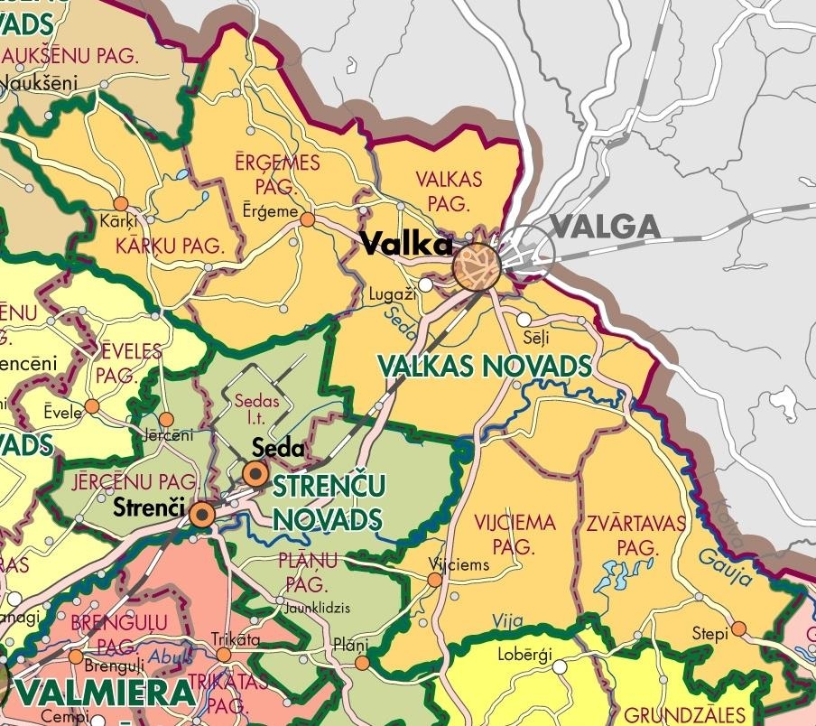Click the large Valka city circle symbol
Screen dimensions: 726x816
coord(477,266)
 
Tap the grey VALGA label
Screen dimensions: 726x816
coord(605,227)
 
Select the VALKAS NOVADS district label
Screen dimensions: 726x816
coord(486,366)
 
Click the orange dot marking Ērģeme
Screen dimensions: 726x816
coord(308,219)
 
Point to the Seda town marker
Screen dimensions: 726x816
coord(256,473)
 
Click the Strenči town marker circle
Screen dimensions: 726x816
coord(202,515)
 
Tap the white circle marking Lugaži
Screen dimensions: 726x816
coord(425,284)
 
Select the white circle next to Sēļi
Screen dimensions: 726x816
coord(524,320)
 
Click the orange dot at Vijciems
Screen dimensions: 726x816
coord(435,580)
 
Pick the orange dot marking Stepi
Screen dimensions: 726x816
coord(739,628)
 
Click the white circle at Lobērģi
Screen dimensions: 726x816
coord(560,667)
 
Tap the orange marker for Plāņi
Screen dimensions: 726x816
coord(362,664)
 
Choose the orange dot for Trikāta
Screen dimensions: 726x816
coord(224,655)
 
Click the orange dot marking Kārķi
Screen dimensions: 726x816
coord(120,204)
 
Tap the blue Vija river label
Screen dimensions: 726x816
coord(507,620)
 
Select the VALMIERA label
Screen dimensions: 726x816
coord(107,693)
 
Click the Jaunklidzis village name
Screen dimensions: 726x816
coord(317,607)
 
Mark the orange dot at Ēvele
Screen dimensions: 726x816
coord(91,406)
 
